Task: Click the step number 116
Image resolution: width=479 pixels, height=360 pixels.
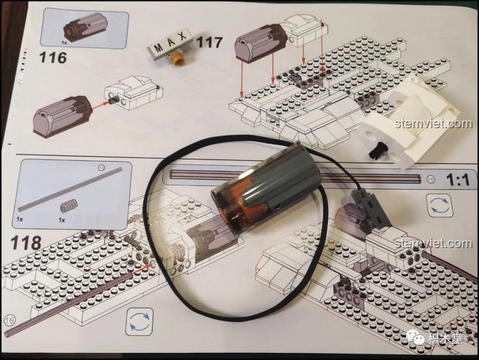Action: pos(53,57)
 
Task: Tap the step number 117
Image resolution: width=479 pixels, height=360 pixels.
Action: pos(209,43)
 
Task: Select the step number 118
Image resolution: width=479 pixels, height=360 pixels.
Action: pos(26,243)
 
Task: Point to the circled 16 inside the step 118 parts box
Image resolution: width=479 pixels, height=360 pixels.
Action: pos(101,169)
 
